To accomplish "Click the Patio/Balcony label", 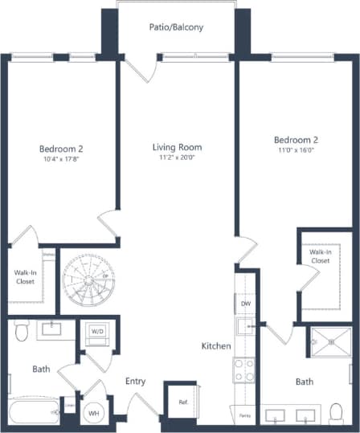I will [x=176, y=27].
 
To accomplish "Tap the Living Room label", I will [x=177, y=147].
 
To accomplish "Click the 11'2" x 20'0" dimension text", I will [x=177, y=158].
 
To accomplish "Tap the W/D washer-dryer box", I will [x=96, y=331].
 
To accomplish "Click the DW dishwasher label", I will [x=245, y=305].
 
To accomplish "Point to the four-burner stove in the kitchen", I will [x=244, y=370].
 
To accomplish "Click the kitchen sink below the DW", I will [x=245, y=325].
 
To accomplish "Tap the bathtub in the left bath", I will [x=32, y=414].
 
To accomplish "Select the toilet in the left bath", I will [x=22, y=330].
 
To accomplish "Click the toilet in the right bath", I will [x=337, y=413].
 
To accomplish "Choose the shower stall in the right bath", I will [x=329, y=341].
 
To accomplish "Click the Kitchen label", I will [x=216, y=346].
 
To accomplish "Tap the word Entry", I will [x=135, y=381].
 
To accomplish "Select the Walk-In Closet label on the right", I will [x=320, y=255].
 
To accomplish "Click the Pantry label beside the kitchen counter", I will [x=245, y=415].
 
